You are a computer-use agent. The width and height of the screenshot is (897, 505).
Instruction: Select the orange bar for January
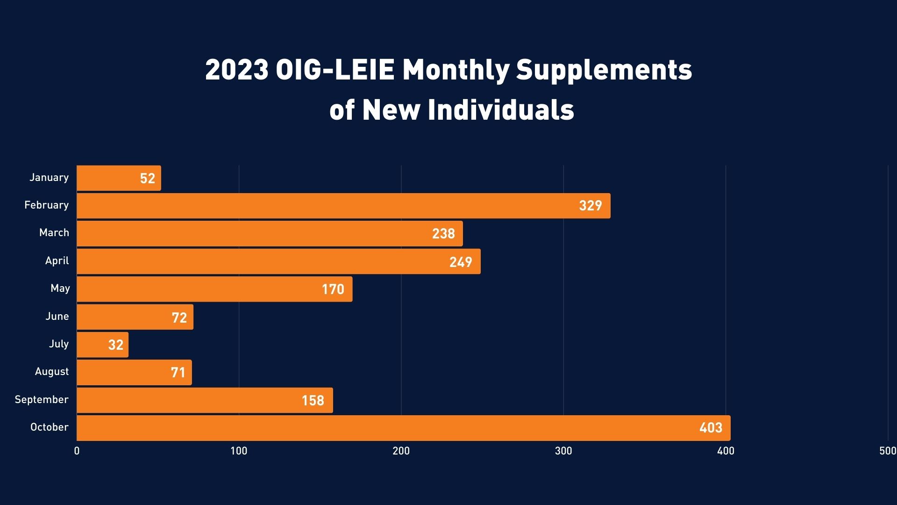pos(119,178)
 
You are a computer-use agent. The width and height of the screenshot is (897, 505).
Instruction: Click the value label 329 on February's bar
pos(590,206)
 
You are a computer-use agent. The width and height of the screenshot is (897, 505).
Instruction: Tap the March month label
pos(54,233)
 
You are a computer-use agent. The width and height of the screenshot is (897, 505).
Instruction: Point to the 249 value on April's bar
pos(461,262)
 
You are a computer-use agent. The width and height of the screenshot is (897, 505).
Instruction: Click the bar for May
pos(214,289)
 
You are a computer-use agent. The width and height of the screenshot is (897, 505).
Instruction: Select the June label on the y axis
pos(57,317)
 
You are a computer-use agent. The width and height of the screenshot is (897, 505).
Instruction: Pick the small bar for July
pos(102,345)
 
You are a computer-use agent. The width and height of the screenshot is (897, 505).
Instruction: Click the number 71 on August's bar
pos(178,373)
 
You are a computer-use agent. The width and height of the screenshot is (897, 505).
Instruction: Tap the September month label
pos(42,400)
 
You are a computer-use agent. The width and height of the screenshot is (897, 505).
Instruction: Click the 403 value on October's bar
pos(711,428)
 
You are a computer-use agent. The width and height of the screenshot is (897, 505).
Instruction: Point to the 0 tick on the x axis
pos(77,451)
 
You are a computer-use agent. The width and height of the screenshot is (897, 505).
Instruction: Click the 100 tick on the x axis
pos(239,451)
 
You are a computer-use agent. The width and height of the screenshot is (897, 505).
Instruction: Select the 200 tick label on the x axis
pos(401,451)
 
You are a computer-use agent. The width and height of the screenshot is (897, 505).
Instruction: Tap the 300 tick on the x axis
pos(563,451)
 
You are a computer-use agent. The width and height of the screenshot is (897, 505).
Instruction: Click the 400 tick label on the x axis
pos(726,451)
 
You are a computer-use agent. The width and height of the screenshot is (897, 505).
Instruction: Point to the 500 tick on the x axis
pos(887,451)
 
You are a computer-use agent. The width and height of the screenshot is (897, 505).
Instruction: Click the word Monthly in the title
pos(456,70)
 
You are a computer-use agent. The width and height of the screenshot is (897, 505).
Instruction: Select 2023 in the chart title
pos(236,70)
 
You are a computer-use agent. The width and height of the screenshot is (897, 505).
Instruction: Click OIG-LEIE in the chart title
pos(335,70)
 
